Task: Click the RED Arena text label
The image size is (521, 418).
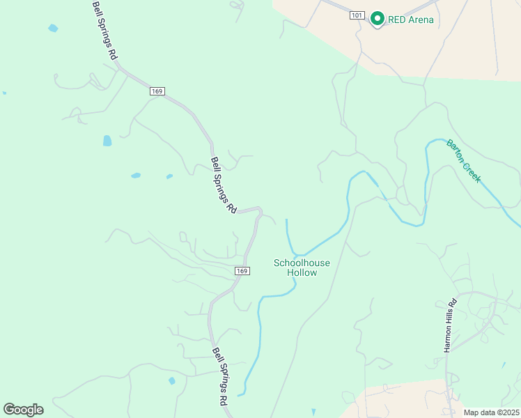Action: tap(411, 20)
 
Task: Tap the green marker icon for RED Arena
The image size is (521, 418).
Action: tap(378, 18)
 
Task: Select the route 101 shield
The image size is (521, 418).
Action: tap(357, 15)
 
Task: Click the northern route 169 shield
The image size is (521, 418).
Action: tap(156, 91)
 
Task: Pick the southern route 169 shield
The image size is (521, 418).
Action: tap(242, 270)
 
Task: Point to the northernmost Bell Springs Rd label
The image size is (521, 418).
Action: tap(106, 30)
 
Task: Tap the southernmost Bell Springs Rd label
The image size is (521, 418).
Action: tap(220, 377)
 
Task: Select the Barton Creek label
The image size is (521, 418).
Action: tap(464, 162)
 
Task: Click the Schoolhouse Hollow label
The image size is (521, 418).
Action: tap(302, 268)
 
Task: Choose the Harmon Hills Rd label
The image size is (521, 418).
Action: tap(451, 325)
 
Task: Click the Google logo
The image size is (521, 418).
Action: tap(23, 410)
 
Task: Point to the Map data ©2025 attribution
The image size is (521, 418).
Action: tap(491, 412)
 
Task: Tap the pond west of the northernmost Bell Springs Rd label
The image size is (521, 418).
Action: tap(53, 29)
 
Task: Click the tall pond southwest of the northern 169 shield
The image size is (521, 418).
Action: tap(107, 141)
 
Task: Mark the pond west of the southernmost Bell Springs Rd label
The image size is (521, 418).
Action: tap(171, 381)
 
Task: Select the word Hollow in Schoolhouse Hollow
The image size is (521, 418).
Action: tap(302, 272)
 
